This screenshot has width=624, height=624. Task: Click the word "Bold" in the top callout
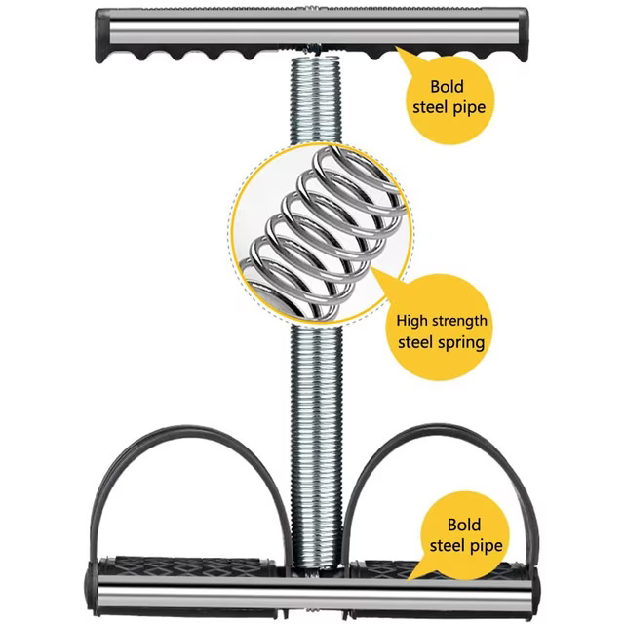pyautogui.click(x=447, y=87)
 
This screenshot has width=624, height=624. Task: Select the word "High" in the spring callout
pyautogui.click(x=411, y=321)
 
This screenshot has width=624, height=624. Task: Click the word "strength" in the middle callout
pyautogui.click(x=459, y=321)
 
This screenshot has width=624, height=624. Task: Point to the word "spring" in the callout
pyautogui.click(x=462, y=343)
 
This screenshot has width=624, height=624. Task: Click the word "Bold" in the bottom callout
pyautogui.click(x=464, y=525)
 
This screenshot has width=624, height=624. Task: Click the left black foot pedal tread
pyautogui.click(x=186, y=565)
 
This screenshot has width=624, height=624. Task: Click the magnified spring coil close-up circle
pyautogui.click(x=321, y=233)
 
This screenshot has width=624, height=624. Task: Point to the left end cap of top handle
pyautogui.click(x=102, y=36)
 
